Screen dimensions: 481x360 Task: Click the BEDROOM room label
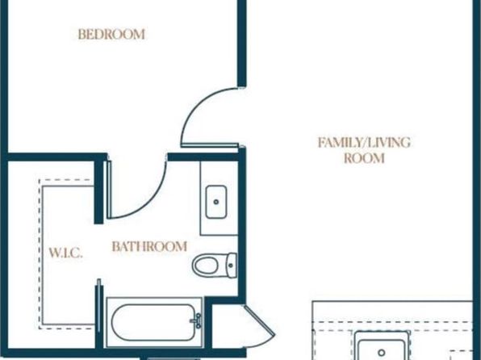(x=111, y=34)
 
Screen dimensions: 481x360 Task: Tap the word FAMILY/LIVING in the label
(x=364, y=143)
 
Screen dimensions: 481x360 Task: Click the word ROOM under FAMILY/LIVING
(x=364, y=158)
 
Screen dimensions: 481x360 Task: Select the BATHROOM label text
(x=149, y=246)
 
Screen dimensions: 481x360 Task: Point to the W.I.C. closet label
(x=66, y=253)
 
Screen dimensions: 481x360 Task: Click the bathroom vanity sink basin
(x=216, y=202)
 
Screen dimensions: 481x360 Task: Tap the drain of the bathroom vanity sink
(x=216, y=202)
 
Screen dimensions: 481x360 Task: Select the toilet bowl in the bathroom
(x=206, y=266)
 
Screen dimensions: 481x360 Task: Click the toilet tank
(x=231, y=266)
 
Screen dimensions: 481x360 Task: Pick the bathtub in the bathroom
(x=154, y=322)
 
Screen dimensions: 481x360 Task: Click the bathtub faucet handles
(x=197, y=320)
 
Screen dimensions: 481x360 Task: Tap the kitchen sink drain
(x=382, y=353)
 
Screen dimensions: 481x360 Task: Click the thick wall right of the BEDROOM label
(x=242, y=43)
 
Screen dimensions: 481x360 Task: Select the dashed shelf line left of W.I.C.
(x=40, y=254)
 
